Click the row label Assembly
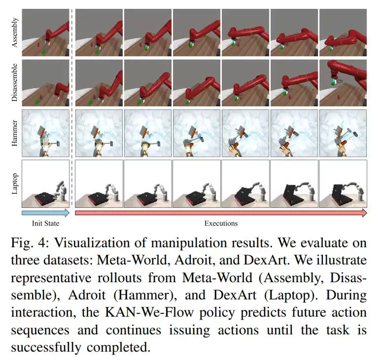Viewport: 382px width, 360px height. click(15, 32)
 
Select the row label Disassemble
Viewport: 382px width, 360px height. click(15, 82)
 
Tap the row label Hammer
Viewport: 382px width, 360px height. click(15, 133)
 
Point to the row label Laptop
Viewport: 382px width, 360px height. click(15, 184)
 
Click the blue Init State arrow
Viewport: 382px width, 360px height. click(45, 213)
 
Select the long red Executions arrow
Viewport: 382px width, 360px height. click(221, 213)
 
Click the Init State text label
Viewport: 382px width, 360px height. click(45, 224)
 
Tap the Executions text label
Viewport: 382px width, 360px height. click(221, 224)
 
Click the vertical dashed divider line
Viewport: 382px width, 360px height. click(72, 108)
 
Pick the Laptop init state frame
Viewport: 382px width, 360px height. click(45, 184)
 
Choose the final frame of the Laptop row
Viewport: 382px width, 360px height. click(343, 184)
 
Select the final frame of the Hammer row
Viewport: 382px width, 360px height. click(343, 133)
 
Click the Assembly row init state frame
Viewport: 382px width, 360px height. click(45, 33)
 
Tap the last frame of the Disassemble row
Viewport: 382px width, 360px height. click(343, 83)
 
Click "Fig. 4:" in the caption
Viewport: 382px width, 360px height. click(28, 243)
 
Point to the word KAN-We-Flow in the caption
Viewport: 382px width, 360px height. click(149, 313)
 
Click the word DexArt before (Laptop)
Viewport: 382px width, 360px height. click(235, 295)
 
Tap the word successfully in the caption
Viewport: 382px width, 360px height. click(46, 348)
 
